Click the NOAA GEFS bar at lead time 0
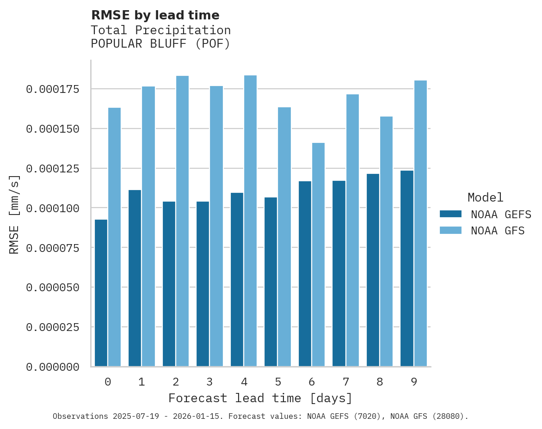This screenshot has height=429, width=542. click(101, 293)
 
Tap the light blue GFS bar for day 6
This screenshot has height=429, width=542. click(318, 255)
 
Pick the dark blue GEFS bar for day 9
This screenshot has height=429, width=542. click(407, 269)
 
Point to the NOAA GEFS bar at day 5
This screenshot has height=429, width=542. click(271, 282)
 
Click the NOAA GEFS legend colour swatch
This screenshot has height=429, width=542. click(450, 214)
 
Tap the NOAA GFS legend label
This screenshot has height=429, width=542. click(498, 231)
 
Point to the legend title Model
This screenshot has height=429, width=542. click(485, 198)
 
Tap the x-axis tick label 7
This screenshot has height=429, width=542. click(345, 382)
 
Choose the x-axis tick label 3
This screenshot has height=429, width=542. click(209, 382)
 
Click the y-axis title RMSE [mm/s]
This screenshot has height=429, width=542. click(14, 214)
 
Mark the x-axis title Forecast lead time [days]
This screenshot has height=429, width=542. click(260, 398)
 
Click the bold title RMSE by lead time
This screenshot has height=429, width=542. click(155, 15)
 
